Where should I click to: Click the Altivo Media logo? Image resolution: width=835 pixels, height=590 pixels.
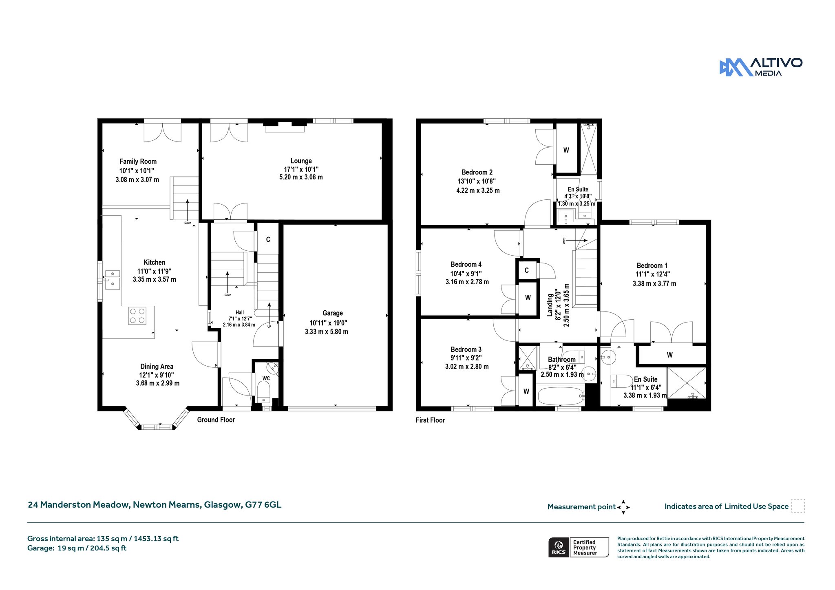pos(761,67)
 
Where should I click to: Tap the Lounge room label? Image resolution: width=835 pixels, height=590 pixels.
pos(301,161)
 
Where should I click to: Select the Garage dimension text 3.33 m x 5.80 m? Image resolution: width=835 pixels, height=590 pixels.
pos(327,331)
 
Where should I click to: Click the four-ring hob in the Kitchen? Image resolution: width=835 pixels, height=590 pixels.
pos(137,316)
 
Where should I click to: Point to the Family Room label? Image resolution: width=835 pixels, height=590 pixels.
pos(138,161)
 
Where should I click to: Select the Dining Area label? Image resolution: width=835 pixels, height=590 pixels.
pos(157,367)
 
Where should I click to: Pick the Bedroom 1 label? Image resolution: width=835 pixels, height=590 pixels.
pos(652,265)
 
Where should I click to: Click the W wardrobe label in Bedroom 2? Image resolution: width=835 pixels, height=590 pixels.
pos(566,150)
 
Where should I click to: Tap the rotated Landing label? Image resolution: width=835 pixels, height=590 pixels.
pos(550,305)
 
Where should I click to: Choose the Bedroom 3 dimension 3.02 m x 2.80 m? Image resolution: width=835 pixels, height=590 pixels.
pos(467,367)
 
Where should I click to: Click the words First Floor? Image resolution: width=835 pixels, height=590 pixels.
pos(430,420)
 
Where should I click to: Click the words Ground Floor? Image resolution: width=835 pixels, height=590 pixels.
pos(216,420)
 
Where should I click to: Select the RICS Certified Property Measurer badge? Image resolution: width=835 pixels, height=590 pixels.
pos(579,547)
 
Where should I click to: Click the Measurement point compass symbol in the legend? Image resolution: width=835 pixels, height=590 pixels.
pos(623,507)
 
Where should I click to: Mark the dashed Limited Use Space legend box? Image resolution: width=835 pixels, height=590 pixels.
pos(798,506)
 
